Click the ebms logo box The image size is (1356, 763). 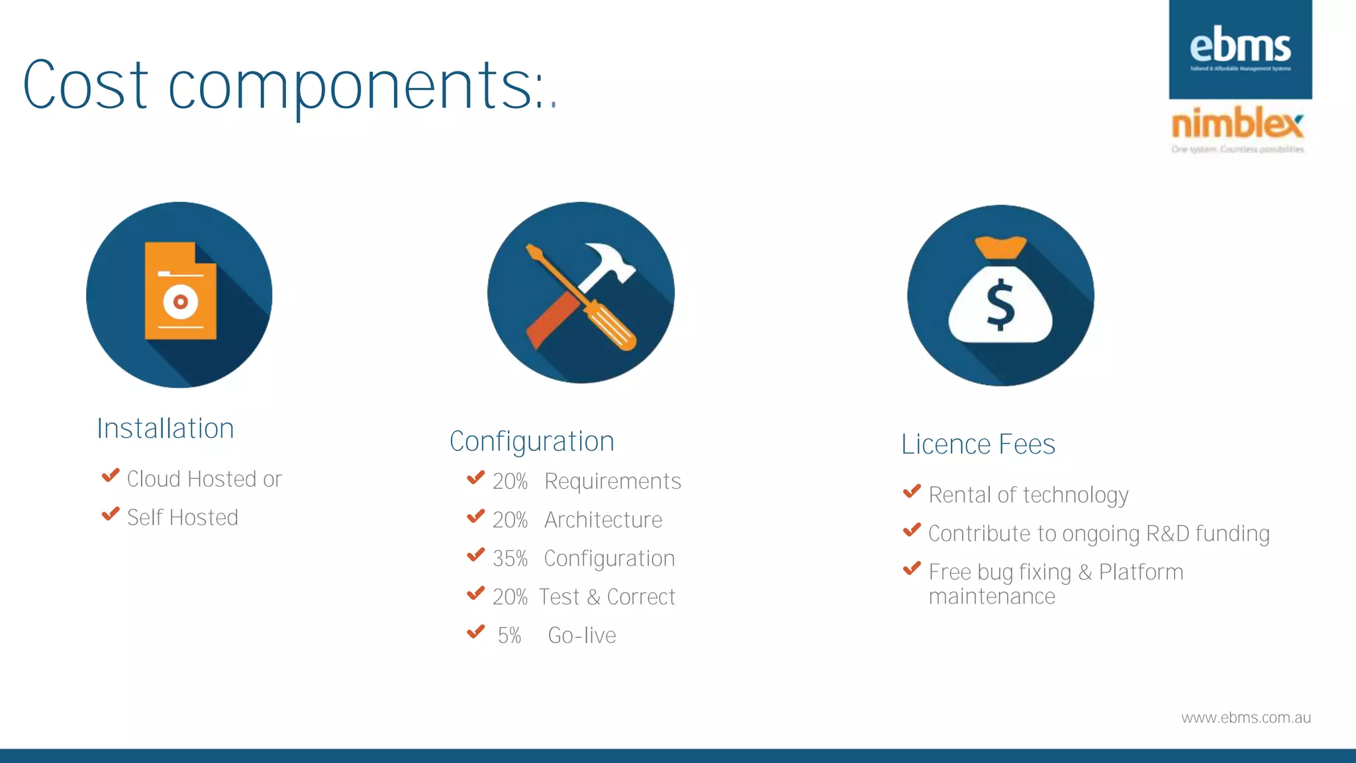1240,50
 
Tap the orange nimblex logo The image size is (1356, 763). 1237,124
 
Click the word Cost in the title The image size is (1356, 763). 85,86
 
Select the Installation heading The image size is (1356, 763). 166,429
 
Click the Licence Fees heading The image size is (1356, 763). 978,444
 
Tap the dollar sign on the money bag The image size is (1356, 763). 1000,304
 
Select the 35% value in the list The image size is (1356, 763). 510,559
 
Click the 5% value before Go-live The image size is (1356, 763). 509,636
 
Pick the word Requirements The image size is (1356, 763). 612,482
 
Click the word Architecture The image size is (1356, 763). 603,521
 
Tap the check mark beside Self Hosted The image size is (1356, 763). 111,515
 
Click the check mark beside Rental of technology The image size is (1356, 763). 912,491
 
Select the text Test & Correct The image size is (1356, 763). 606,597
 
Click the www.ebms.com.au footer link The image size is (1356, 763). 1245,718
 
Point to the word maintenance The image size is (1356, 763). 991,597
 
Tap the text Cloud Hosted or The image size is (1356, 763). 204,480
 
